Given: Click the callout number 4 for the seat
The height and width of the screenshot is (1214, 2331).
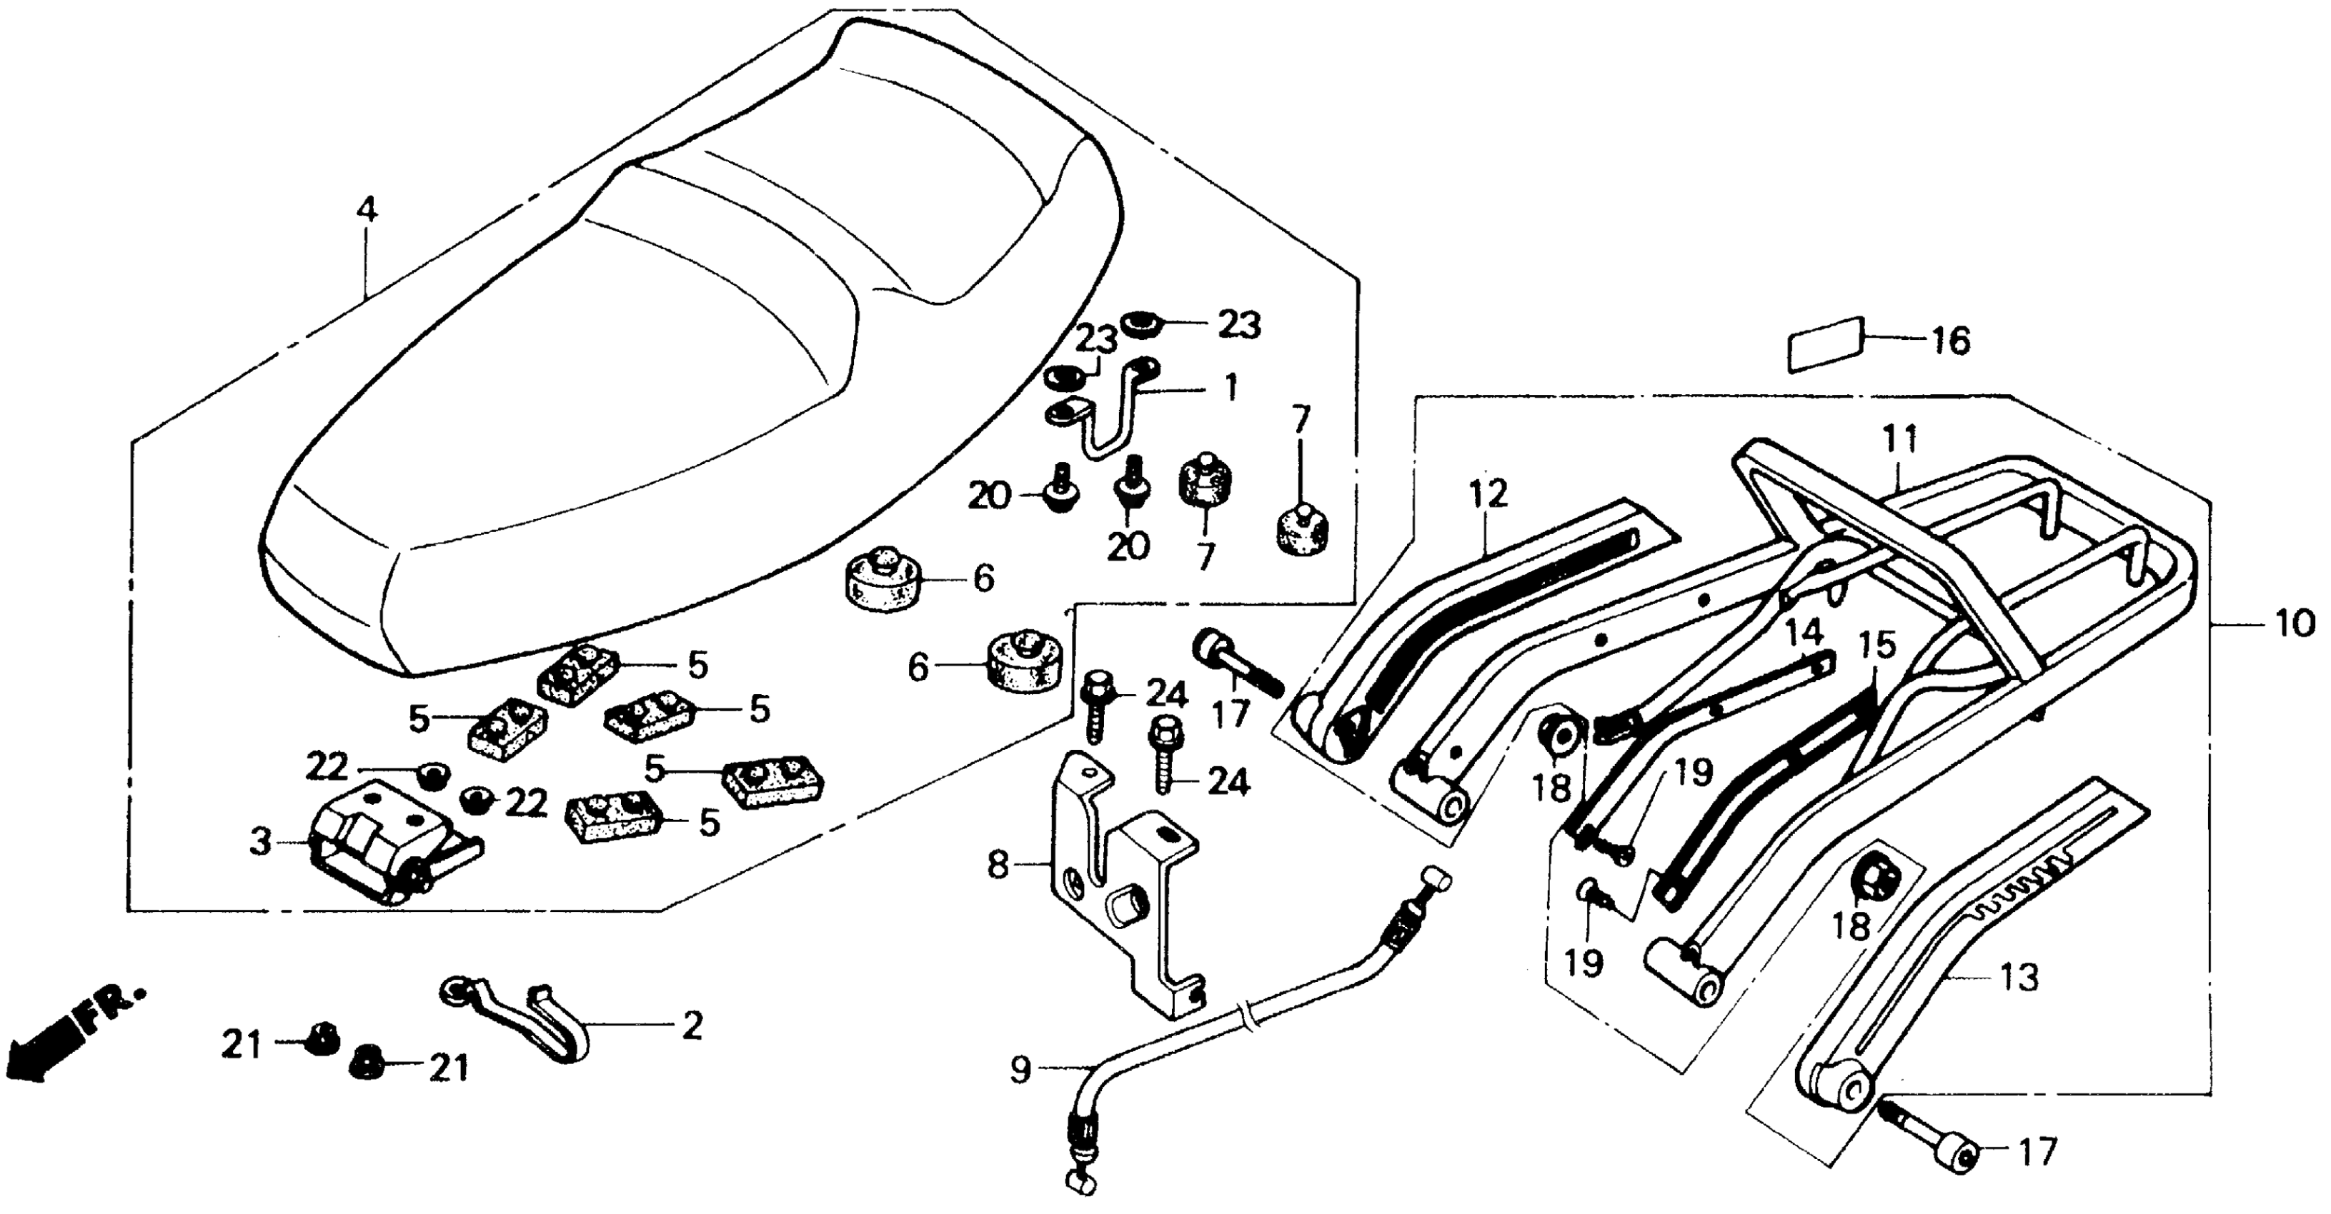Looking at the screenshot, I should click(x=366, y=210).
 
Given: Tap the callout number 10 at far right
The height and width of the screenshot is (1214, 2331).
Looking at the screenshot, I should click(x=2294, y=623).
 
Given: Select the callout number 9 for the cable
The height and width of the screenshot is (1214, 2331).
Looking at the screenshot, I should click(x=1020, y=1071).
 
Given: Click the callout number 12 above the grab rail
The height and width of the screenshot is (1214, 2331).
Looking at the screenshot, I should click(x=1488, y=494).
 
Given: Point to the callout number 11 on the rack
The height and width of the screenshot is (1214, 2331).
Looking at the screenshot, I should click(x=1900, y=441).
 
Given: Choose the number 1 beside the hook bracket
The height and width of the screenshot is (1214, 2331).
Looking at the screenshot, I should click(x=1229, y=390).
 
